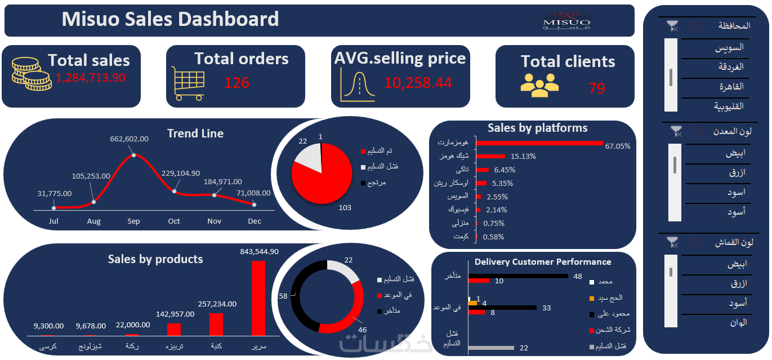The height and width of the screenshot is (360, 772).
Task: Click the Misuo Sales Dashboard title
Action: [x=170, y=19]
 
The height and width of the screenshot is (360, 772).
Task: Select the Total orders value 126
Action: [x=236, y=83]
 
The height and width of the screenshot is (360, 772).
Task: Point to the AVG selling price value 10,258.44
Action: [x=418, y=83]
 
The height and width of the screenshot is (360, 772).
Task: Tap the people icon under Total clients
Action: [x=539, y=83]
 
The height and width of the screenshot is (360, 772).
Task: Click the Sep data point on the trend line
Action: [x=133, y=155]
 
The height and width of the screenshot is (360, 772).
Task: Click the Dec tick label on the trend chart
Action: [x=255, y=221]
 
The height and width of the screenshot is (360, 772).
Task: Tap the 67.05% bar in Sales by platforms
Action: [x=539, y=143]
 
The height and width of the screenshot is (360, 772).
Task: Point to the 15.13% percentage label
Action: [x=523, y=157]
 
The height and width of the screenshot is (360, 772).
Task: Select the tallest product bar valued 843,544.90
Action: [x=258, y=299]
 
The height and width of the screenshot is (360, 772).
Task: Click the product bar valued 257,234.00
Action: [x=216, y=324]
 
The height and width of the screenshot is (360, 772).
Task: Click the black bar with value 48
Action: [x=518, y=276]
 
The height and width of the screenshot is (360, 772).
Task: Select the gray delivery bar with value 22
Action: [x=491, y=348]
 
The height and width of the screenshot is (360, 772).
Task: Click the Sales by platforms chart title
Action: [x=537, y=128]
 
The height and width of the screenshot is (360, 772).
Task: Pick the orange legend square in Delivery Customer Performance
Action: [x=591, y=298]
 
